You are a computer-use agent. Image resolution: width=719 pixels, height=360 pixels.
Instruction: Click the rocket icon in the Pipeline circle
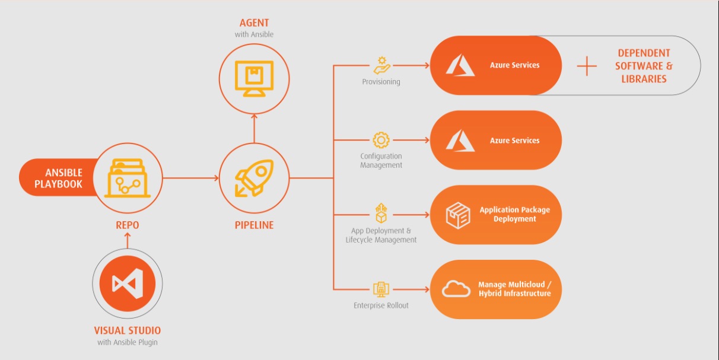click(254, 178)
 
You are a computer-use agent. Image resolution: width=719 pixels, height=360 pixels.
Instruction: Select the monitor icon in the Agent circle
click(254, 78)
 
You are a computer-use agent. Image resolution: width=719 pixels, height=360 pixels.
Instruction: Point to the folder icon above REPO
click(127, 177)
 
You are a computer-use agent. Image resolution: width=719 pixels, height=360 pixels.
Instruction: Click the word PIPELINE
click(254, 225)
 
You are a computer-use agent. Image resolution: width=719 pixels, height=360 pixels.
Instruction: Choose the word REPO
click(127, 225)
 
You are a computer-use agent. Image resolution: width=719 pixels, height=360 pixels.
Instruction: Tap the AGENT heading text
click(254, 23)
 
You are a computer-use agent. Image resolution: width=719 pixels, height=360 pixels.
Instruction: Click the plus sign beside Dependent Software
click(587, 66)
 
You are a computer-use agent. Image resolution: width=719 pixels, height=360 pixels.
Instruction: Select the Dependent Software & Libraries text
click(644, 66)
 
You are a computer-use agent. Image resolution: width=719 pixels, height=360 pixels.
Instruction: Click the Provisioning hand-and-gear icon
click(381, 65)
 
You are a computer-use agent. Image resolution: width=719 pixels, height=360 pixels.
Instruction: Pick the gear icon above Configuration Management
click(381, 141)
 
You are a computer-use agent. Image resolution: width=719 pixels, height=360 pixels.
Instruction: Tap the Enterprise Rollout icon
click(381, 289)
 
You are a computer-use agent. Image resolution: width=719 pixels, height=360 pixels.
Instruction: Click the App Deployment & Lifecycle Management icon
click(381, 214)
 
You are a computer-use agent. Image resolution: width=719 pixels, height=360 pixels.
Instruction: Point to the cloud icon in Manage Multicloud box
click(456, 289)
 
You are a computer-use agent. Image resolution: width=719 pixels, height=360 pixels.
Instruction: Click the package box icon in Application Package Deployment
click(458, 215)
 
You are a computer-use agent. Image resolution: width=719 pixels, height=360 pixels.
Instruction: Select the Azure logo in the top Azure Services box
click(460, 65)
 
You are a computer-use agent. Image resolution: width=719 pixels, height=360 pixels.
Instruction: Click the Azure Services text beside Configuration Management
click(514, 141)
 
